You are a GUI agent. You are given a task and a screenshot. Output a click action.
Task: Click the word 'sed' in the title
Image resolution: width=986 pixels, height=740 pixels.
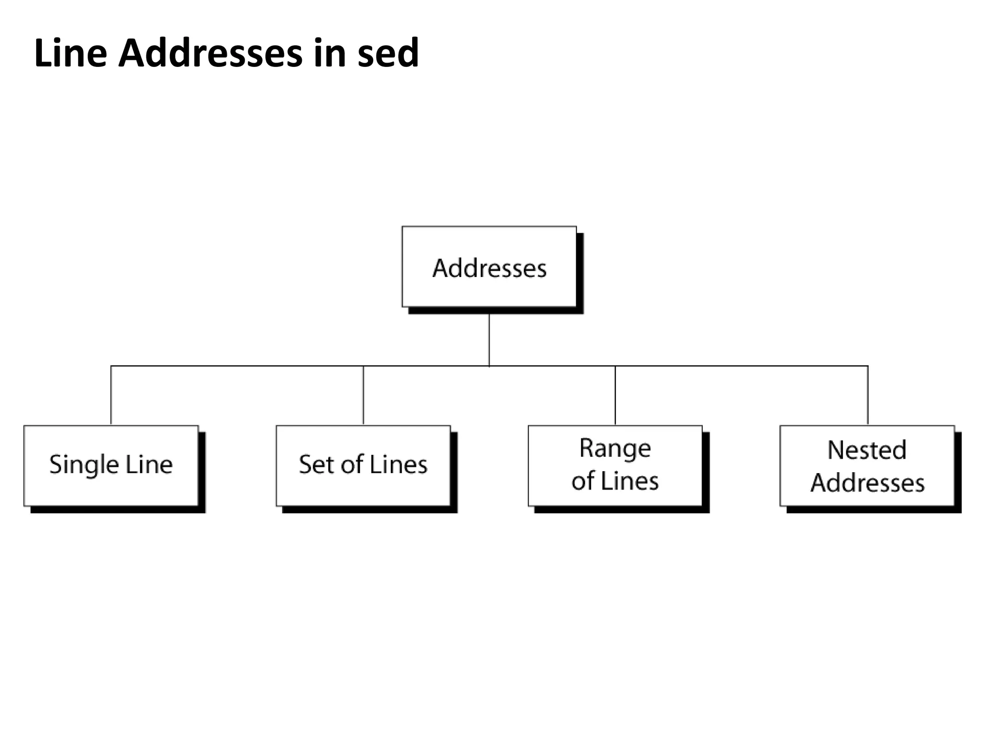pyautogui.click(x=388, y=53)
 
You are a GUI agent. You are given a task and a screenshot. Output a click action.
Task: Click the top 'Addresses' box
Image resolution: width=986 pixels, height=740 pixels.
pyautogui.click(x=489, y=267)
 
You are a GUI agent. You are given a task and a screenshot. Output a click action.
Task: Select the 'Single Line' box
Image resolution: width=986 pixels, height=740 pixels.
pyautogui.click(x=111, y=465)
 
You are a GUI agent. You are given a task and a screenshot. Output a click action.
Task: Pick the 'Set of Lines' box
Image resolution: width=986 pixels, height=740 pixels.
pyautogui.click(x=363, y=465)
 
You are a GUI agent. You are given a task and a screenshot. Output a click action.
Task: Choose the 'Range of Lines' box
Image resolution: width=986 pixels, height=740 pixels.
pyautogui.click(x=615, y=465)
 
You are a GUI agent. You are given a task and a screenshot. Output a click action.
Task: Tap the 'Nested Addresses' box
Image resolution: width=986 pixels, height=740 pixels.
pyautogui.click(x=867, y=465)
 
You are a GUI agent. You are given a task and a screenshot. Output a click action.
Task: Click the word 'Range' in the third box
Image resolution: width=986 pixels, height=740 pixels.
pyautogui.click(x=615, y=449)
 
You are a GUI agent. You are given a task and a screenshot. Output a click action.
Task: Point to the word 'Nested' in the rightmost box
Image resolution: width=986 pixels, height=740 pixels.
pyautogui.click(x=867, y=450)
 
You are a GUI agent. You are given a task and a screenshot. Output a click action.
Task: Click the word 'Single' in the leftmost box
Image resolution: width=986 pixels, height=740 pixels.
pyautogui.click(x=84, y=465)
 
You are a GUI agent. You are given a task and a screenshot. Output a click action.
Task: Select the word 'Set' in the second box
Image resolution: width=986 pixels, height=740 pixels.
pyautogui.click(x=313, y=464)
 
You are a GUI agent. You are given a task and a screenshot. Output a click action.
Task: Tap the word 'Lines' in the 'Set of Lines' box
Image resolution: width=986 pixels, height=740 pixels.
pyautogui.click(x=399, y=464)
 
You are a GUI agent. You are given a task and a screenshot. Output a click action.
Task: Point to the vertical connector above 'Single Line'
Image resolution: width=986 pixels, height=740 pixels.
pyautogui.click(x=111, y=395)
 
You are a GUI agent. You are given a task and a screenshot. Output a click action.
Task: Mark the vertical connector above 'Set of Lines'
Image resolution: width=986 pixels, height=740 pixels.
pyautogui.click(x=363, y=395)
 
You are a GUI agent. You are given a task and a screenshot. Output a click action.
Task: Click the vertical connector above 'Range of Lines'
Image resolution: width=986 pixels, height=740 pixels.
pyautogui.click(x=615, y=395)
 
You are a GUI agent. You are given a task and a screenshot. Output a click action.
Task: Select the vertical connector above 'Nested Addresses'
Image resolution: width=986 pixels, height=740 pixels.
pyautogui.click(x=868, y=395)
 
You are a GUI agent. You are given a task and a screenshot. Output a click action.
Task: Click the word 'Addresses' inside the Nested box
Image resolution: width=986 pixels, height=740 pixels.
pyautogui.click(x=867, y=483)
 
